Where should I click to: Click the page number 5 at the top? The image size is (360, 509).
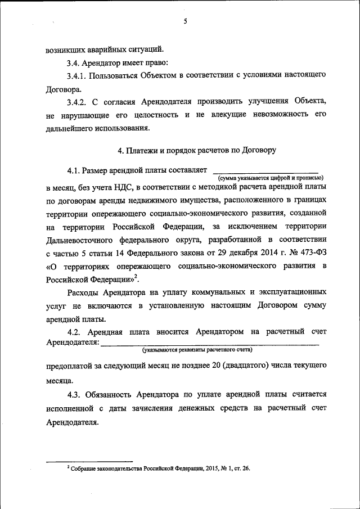184,21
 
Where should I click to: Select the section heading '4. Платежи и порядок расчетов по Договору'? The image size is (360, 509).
196,150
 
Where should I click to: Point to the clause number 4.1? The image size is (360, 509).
73,170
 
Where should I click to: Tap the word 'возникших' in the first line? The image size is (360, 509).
65,49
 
